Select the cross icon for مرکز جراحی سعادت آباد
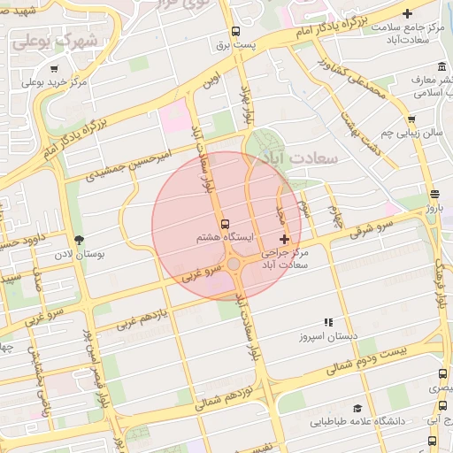click(284, 240)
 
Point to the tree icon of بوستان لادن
click(79, 240)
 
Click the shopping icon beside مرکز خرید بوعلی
click(55, 69)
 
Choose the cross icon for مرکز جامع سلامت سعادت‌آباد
click(406, 13)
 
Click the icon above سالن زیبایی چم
click(411, 119)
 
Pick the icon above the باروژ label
click(434, 194)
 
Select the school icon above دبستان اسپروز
click(327, 323)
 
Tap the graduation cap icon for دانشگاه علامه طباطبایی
click(357, 409)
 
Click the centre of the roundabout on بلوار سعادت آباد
click(234, 264)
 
